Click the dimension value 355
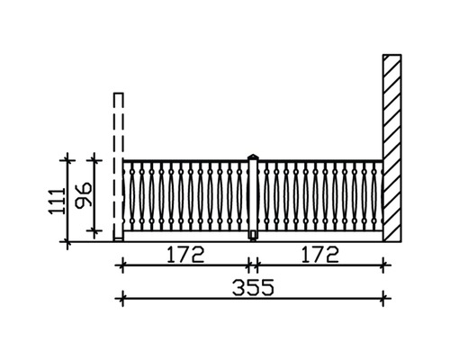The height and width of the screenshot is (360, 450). tap(253, 287)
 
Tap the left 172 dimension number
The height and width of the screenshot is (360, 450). tap(185, 255)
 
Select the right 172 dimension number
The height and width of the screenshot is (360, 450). tap(319, 255)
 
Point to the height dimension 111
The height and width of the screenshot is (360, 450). tap(57, 201)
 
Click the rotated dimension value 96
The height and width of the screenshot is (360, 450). tap(84, 195)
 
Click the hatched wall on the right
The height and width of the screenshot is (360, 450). tap(392, 148)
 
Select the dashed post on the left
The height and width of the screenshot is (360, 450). tap(118, 166)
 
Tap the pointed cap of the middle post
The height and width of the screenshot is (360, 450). tap(254, 157)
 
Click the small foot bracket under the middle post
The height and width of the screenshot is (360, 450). tap(254, 236)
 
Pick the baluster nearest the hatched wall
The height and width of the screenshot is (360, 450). tap(373, 196)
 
